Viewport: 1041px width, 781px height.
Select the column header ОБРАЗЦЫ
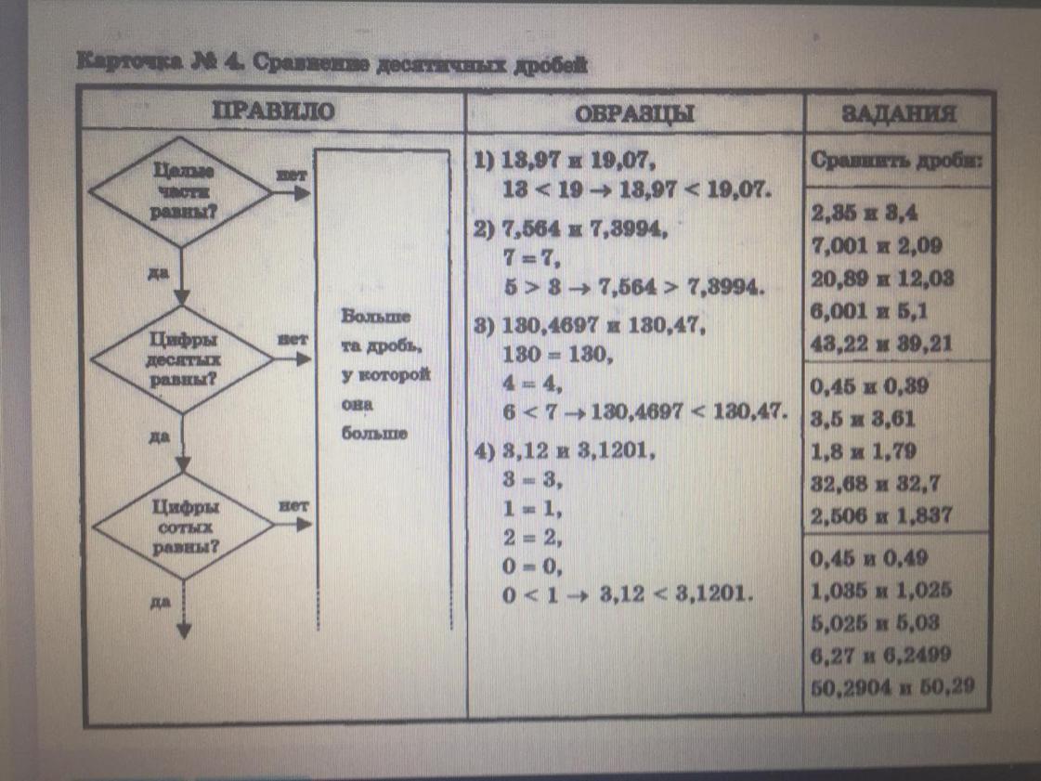point(635,113)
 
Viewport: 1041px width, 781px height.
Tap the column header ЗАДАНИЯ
point(898,115)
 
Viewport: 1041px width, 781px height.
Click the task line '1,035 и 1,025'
point(881,591)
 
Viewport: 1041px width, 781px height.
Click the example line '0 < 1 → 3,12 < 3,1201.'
point(623,592)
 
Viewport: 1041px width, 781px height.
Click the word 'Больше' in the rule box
point(370,316)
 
